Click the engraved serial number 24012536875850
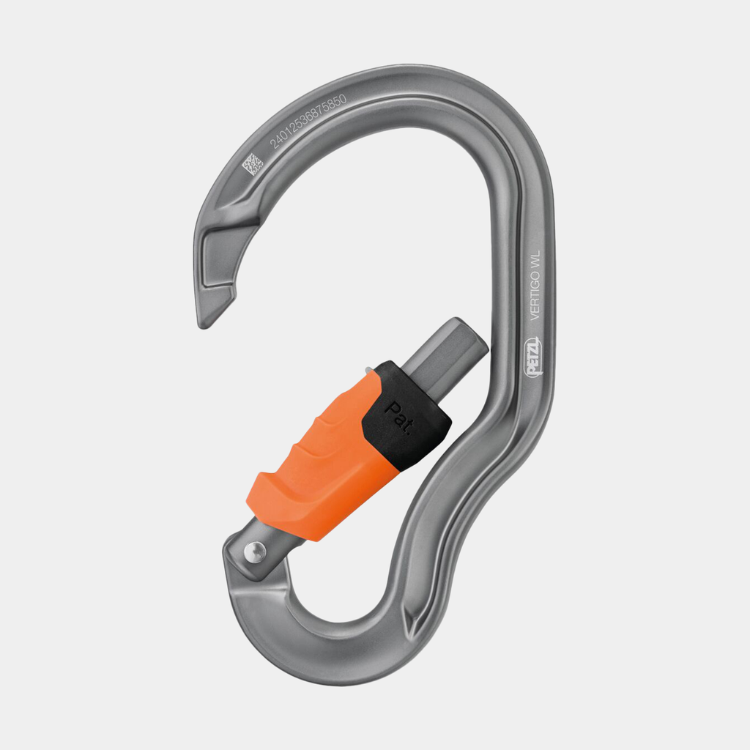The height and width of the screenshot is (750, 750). [x=308, y=122]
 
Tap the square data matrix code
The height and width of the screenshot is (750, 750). [x=253, y=164]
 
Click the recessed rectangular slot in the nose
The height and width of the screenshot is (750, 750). [x=220, y=256]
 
